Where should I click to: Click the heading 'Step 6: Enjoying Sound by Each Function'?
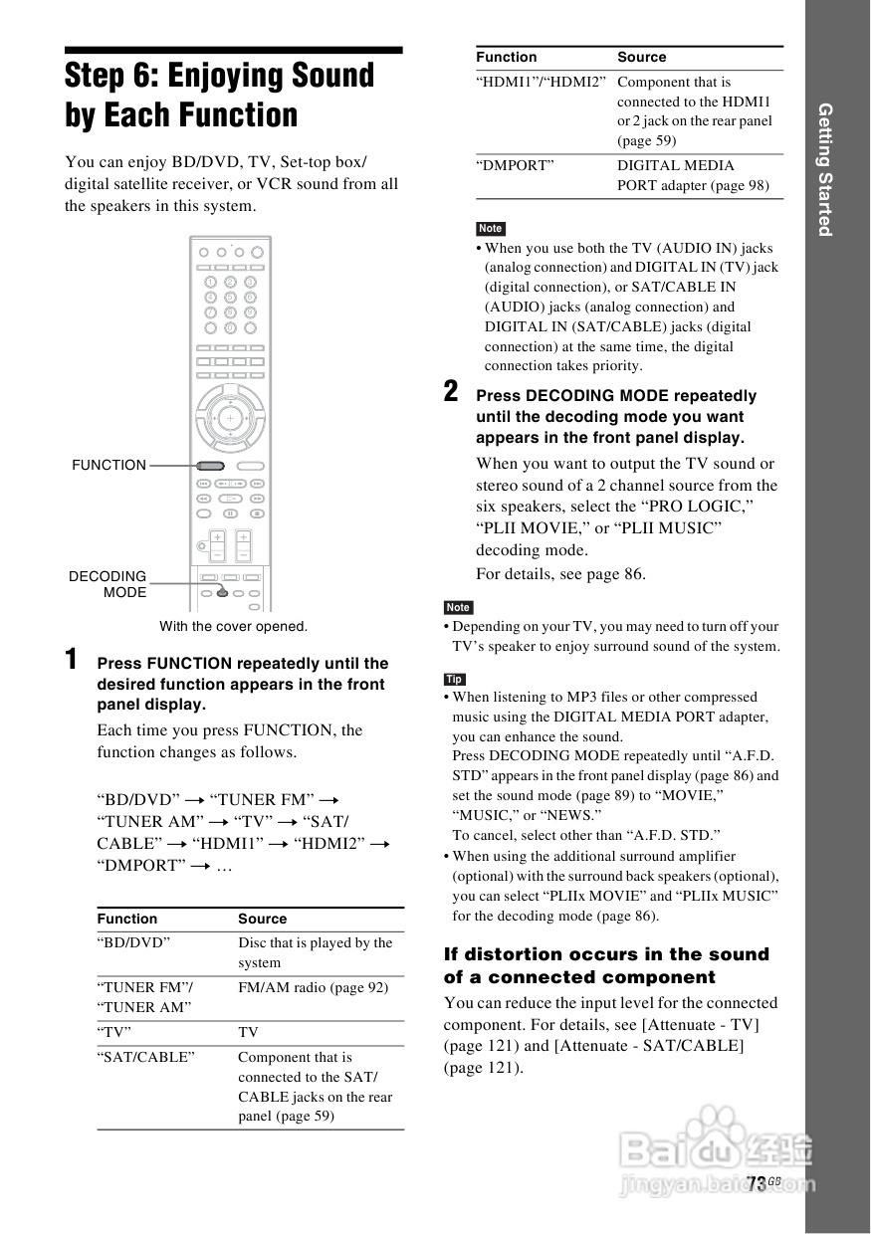tap(220, 96)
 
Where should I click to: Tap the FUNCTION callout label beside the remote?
tap(109, 465)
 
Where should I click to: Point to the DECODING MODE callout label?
tap(108, 584)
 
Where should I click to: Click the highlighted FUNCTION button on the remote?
tap(210, 465)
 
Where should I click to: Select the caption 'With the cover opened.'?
tap(234, 626)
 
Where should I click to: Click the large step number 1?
tap(72, 659)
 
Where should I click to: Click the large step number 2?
tap(451, 391)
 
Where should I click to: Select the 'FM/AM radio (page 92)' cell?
tap(313, 987)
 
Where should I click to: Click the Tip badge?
tap(454, 679)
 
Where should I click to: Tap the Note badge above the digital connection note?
tap(490, 229)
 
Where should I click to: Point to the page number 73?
tap(757, 1182)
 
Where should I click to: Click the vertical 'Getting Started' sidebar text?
tap(824, 169)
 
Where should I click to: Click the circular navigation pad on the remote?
tap(230, 418)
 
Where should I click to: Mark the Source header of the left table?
tap(262, 919)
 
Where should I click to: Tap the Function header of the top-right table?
tap(506, 57)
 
